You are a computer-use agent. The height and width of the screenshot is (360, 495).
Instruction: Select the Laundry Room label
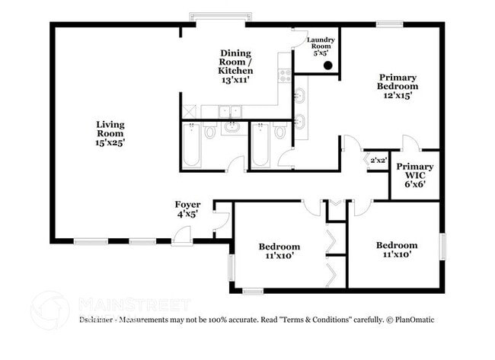tap(321, 44)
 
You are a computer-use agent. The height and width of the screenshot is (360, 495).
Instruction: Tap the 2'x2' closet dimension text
tap(378, 161)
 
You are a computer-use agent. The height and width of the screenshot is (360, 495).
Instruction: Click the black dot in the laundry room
tap(327, 65)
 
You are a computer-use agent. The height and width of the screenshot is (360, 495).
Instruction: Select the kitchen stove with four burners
tap(284, 75)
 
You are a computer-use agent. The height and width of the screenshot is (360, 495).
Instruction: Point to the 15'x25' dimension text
tap(110, 141)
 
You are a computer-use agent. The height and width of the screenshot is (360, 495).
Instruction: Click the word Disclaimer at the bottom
tap(98, 320)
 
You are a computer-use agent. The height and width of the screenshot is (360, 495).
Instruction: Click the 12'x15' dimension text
tap(398, 96)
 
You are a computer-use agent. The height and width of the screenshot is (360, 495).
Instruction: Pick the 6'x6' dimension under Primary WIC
tap(415, 183)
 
